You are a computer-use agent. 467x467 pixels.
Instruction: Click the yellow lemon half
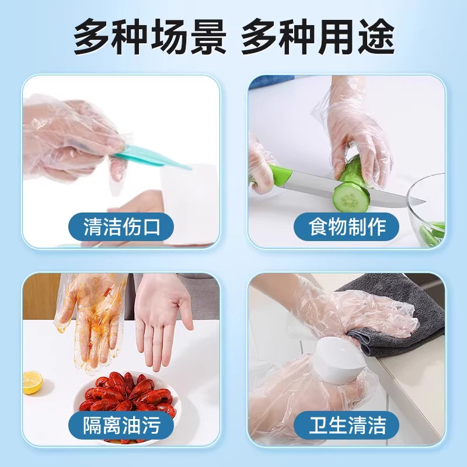[x=32, y=382]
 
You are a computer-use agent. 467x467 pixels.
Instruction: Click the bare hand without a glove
[x=161, y=315]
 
